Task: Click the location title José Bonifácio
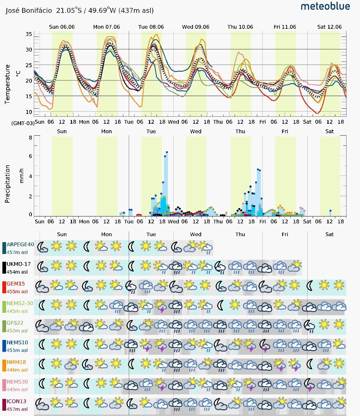[x=29, y=10]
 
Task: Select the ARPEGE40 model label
[x=20, y=244]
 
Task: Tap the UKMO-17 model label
[x=19, y=264]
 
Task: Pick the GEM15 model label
[x=16, y=283]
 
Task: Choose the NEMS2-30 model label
[x=20, y=303]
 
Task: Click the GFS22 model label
[x=15, y=323]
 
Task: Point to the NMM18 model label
[x=16, y=362]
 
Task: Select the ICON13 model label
[x=16, y=401]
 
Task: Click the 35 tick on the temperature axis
[x=29, y=34]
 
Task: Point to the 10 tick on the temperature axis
[x=29, y=112]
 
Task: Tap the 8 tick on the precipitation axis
[x=30, y=138]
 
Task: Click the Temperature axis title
[x=7, y=84]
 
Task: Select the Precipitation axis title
[x=7, y=184]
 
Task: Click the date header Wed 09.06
[x=195, y=27]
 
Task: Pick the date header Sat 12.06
[x=329, y=27]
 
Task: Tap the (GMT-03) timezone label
[x=23, y=123]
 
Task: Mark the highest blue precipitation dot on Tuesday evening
[x=167, y=152]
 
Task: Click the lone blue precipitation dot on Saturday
[x=330, y=211]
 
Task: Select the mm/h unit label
[x=22, y=176]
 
